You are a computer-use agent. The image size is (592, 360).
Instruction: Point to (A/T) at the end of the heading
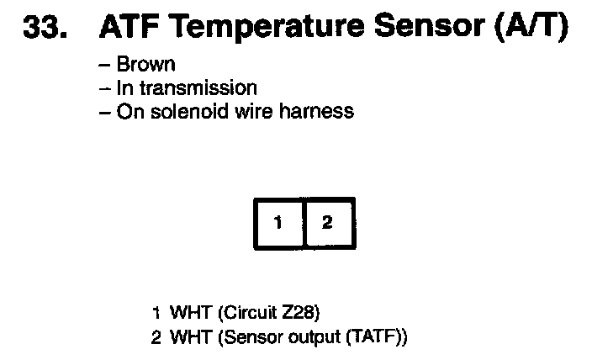pyautogui.click(x=531, y=29)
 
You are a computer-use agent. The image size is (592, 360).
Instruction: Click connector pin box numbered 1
pyautogui.click(x=277, y=223)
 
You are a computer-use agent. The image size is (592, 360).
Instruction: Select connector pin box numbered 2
pyautogui.click(x=328, y=223)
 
